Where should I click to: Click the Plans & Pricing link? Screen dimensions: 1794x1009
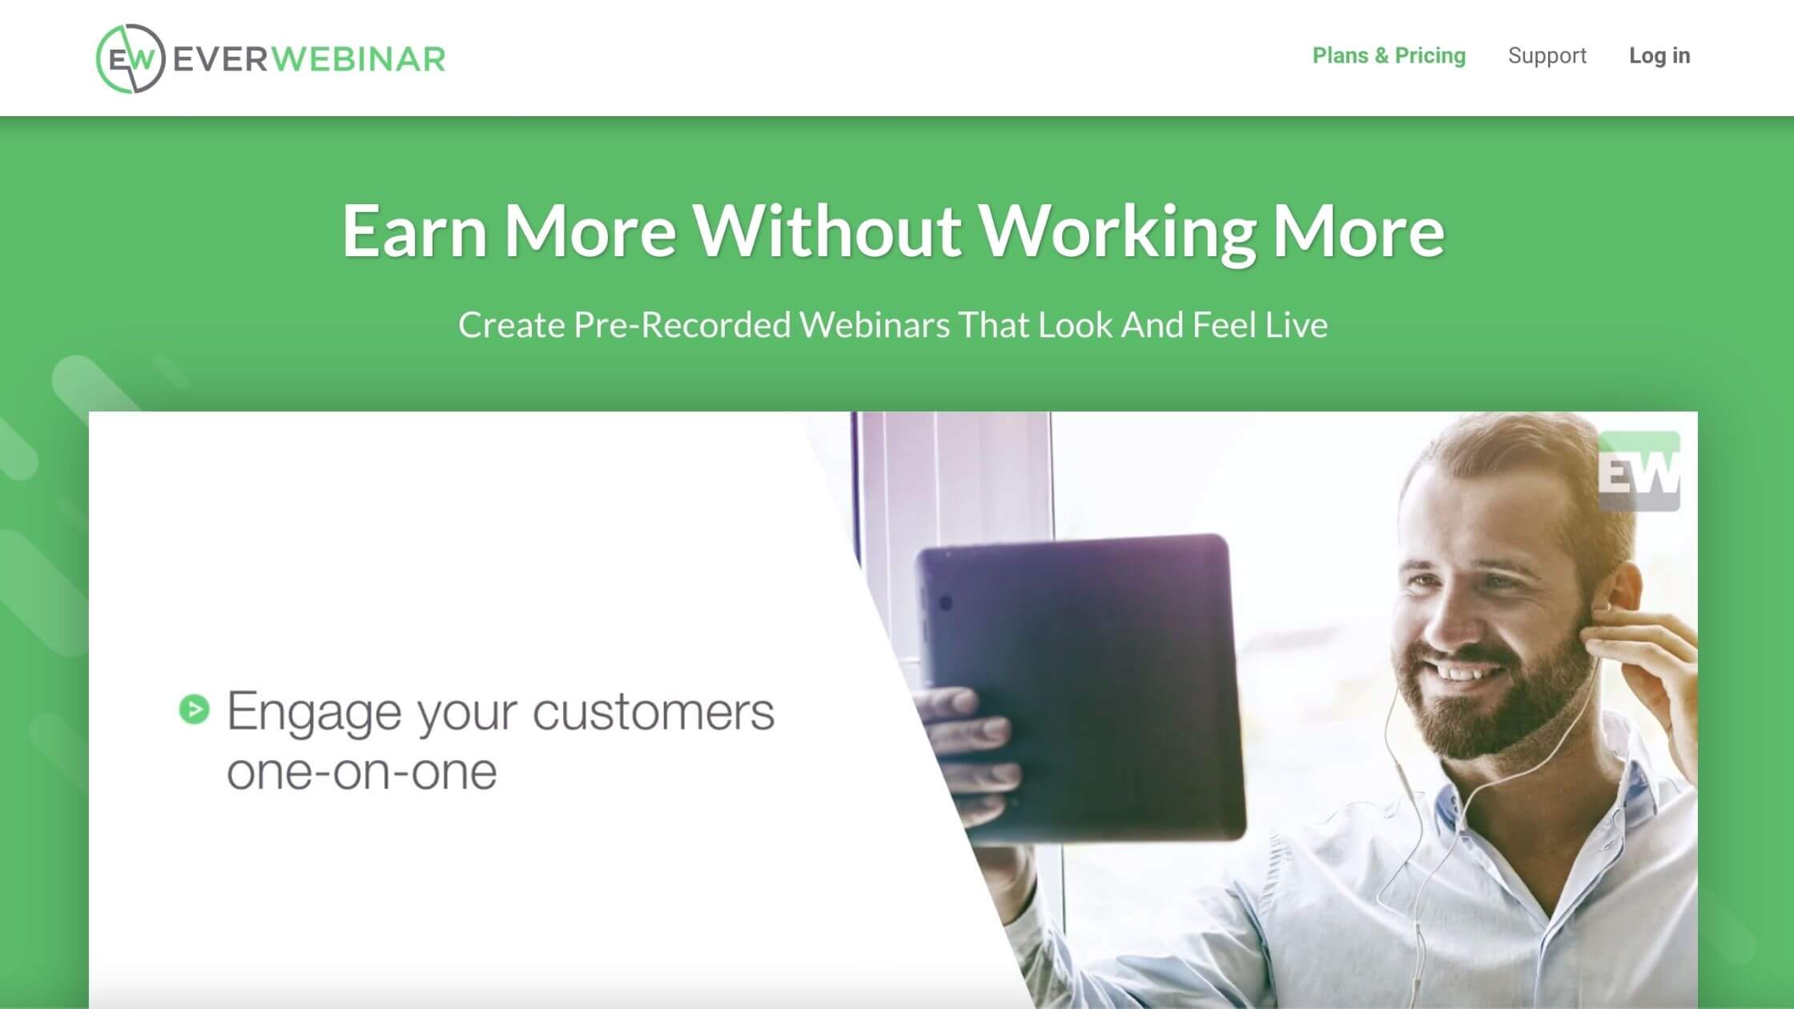coord(1389,56)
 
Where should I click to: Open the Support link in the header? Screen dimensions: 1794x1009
coord(1547,56)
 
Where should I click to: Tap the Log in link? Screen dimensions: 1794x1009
coord(1659,56)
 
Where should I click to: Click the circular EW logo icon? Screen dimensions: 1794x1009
coord(131,58)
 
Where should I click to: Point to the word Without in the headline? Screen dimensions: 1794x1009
coord(827,231)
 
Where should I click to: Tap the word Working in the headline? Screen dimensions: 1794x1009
coord(1117,232)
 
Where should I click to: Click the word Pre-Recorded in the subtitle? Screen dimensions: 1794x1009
coord(682,325)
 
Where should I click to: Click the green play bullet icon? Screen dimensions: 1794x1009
coord(194,709)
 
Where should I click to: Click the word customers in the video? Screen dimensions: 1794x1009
coord(654,712)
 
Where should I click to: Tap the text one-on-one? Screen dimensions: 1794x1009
coord(362,772)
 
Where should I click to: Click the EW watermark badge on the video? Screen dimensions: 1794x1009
coord(1639,471)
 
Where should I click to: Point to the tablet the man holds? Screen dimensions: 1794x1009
coord(1081,689)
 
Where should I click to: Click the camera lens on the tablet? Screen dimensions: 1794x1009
coord(945,602)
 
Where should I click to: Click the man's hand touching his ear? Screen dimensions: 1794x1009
coord(1634,673)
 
